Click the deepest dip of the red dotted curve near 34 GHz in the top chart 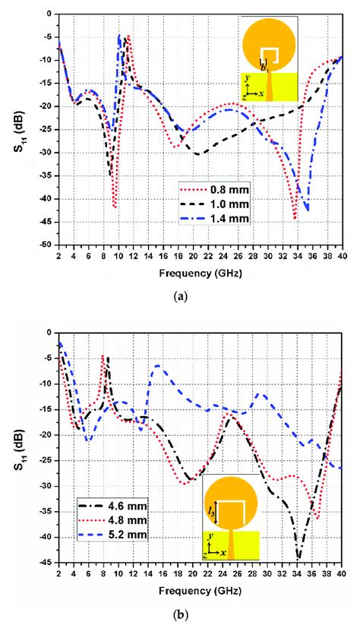295,219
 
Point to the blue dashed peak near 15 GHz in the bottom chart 157,366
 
